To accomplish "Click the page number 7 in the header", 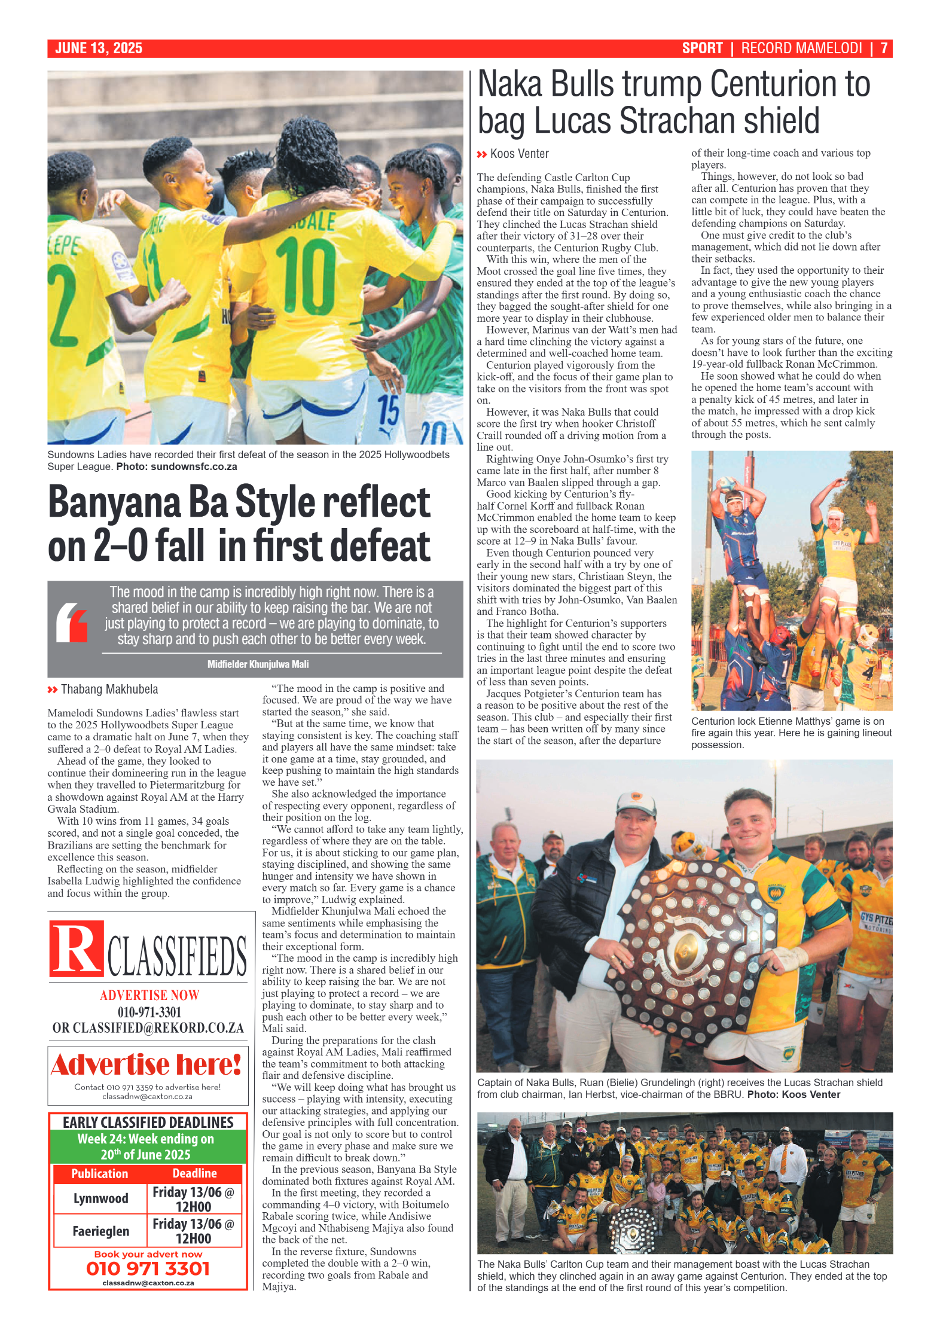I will pyautogui.click(x=884, y=48).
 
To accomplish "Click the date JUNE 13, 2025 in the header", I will pyautogui.click(x=99, y=48).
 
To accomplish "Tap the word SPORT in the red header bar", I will pyautogui.click(x=702, y=48).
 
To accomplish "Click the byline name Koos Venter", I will pyautogui.click(x=519, y=154).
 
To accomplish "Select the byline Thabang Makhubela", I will pyautogui.click(x=109, y=690).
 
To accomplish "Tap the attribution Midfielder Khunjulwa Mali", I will pyautogui.click(x=258, y=664).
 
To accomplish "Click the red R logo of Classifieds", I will pyautogui.click(x=76, y=948).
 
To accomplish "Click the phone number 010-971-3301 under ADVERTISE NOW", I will pyautogui.click(x=149, y=1012).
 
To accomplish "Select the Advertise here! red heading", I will pyautogui.click(x=147, y=1065).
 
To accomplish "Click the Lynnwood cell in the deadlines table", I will pyautogui.click(x=100, y=1198).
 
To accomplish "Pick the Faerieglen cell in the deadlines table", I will pyautogui.click(x=100, y=1231).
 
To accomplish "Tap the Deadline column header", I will pyautogui.click(x=194, y=1173).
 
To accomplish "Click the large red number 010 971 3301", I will pyautogui.click(x=148, y=1268).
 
